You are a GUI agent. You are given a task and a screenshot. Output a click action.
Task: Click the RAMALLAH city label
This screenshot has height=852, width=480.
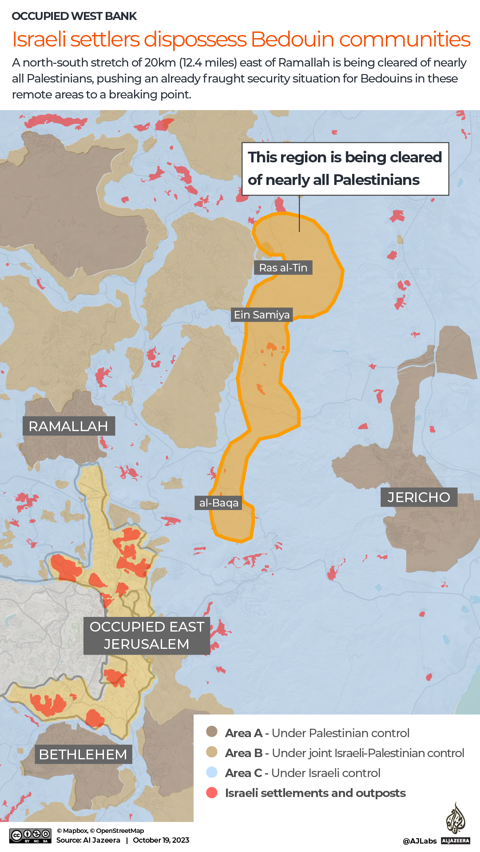(68, 426)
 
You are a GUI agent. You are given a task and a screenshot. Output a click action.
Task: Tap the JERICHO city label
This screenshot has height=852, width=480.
(419, 497)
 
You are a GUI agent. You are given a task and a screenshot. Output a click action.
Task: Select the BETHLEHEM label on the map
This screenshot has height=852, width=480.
(83, 754)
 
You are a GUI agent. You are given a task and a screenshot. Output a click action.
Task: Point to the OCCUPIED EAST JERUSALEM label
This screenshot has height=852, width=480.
(147, 636)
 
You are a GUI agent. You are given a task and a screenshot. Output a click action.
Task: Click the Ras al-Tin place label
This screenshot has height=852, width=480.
(283, 268)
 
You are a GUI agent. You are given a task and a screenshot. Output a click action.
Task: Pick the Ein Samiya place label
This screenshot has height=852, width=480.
(262, 315)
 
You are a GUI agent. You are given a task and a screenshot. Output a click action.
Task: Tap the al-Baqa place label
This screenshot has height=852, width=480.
(218, 503)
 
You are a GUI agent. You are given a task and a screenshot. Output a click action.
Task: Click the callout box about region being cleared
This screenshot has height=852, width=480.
(345, 169)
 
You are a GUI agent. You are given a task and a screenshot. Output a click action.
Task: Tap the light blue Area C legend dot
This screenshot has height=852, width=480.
(212, 772)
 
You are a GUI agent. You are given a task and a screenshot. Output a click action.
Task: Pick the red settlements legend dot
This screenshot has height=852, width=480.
(212, 793)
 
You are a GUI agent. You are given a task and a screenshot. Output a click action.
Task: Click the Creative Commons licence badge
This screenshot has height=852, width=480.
(31, 836)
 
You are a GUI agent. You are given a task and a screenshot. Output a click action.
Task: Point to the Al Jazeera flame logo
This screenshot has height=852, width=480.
(456, 818)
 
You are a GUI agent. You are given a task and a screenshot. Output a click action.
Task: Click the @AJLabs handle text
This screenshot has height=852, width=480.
(420, 841)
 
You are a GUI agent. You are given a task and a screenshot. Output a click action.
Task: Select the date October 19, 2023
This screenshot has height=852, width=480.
(161, 840)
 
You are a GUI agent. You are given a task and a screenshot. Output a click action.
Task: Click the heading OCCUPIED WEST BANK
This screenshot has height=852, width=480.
(74, 16)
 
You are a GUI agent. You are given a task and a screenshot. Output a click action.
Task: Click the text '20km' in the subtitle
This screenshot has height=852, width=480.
(160, 63)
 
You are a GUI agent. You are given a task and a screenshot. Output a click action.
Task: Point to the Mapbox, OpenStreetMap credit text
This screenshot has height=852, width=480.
(100, 831)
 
